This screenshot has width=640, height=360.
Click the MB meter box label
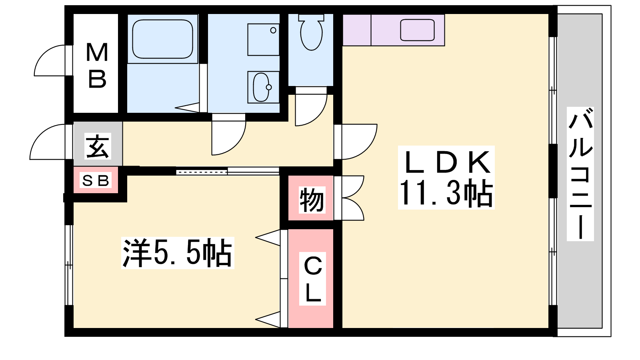(x=97, y=66)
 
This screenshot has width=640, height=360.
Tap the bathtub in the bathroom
(x=162, y=39)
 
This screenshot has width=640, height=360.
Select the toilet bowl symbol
(x=311, y=32)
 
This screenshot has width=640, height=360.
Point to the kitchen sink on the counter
(x=417, y=30)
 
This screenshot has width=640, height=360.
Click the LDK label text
(x=446, y=162)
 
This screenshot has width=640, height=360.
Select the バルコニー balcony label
(x=580, y=174)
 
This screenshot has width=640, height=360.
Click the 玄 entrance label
(x=98, y=146)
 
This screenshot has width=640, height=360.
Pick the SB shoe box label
(x=96, y=180)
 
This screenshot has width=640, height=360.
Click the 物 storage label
(x=312, y=200)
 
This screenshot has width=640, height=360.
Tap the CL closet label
(x=312, y=279)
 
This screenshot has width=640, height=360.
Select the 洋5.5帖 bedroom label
(x=178, y=253)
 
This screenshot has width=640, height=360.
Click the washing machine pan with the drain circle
(x=263, y=40)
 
